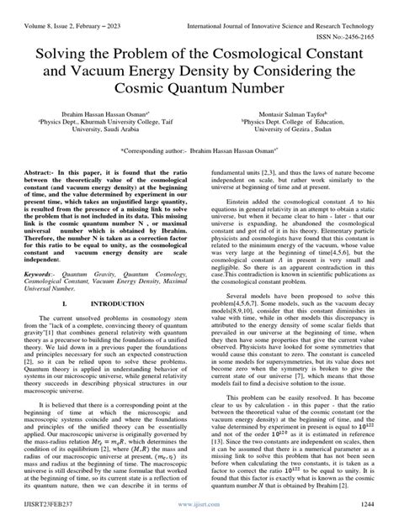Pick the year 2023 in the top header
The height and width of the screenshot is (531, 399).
coord(130,11)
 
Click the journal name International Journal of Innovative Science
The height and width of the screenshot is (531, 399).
coord(278,11)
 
